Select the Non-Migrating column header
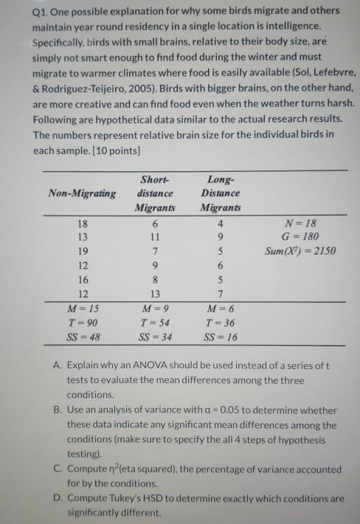(x=82, y=193)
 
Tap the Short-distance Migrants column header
(x=153, y=193)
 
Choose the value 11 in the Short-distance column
(x=153, y=237)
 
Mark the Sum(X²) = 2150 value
(x=299, y=251)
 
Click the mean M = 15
(x=82, y=308)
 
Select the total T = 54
(x=153, y=323)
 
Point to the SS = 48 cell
(x=82, y=337)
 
